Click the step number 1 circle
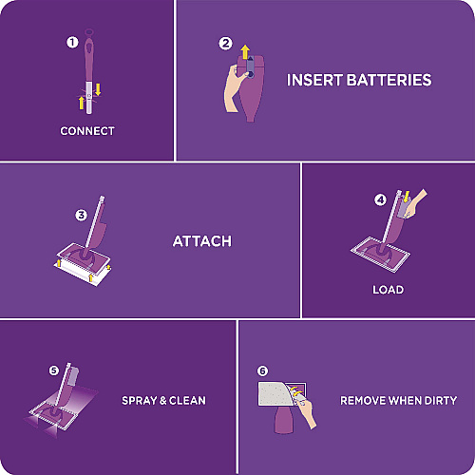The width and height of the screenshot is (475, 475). [x=72, y=43]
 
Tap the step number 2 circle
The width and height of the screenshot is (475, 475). [x=225, y=44]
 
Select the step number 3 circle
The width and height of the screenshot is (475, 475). [x=81, y=216]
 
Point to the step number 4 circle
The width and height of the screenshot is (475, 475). [x=380, y=199]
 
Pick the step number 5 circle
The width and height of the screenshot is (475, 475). [x=54, y=370]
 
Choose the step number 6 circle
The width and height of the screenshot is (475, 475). [x=262, y=370]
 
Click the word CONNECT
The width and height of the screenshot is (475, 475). [x=87, y=131]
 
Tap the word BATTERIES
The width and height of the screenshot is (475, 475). [x=389, y=80]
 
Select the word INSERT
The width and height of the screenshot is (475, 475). [x=314, y=80]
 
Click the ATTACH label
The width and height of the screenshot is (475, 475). [x=202, y=241]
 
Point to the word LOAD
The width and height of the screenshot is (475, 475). [x=388, y=290]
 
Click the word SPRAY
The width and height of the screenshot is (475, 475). [x=140, y=401]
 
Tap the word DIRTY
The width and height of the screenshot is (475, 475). [x=441, y=401]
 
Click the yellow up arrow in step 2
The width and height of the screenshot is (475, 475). [x=245, y=52]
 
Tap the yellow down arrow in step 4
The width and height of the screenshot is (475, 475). [x=407, y=197]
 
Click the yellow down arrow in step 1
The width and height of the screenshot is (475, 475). [x=98, y=89]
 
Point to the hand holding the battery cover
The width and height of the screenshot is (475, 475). [x=235, y=88]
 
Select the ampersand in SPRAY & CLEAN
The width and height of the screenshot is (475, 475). [x=163, y=401]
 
